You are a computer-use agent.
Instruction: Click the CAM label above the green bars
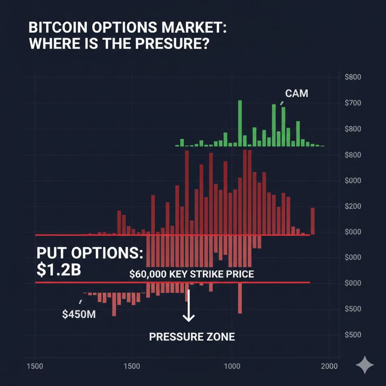(x=296, y=93)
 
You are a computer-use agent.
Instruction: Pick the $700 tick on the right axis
(x=352, y=103)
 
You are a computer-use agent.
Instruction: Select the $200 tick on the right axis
(x=352, y=207)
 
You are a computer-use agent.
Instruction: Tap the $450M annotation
(x=79, y=314)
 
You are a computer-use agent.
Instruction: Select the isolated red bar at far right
(x=312, y=221)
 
